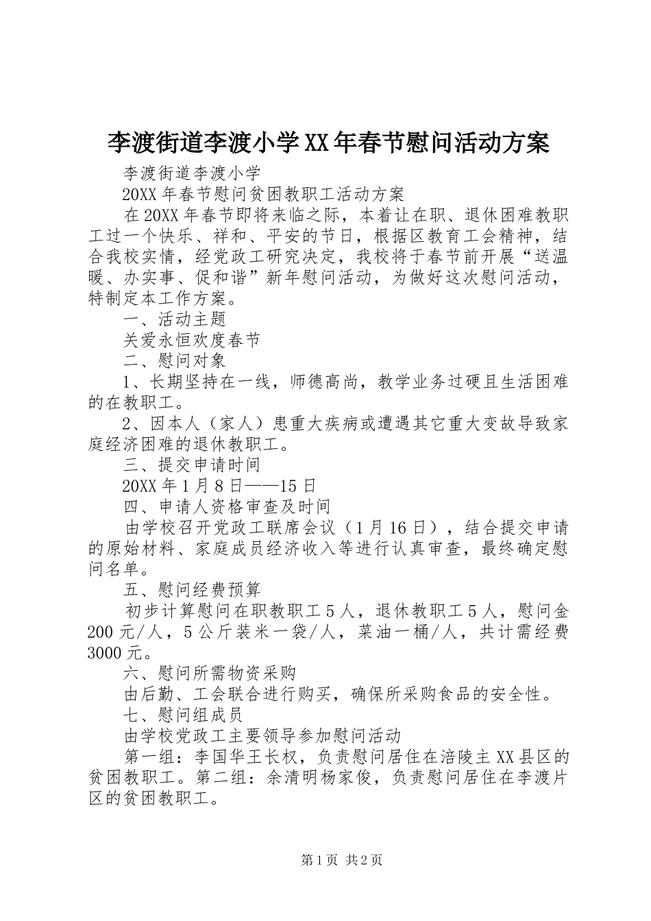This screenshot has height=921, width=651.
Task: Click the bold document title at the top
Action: click(328, 143)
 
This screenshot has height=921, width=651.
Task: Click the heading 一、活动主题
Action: click(174, 319)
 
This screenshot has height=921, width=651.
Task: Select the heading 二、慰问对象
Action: click(174, 360)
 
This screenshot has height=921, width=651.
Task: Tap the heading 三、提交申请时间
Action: click(191, 465)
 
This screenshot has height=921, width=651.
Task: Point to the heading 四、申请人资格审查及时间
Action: click(226, 506)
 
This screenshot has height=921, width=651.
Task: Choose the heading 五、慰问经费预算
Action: click(191, 589)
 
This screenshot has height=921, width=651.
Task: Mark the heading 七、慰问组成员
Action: click(183, 715)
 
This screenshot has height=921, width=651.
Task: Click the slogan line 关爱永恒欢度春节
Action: click(191, 339)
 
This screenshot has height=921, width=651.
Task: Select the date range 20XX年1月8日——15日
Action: click(219, 486)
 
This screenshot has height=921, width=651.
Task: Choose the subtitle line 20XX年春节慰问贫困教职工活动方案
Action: click(263, 194)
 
